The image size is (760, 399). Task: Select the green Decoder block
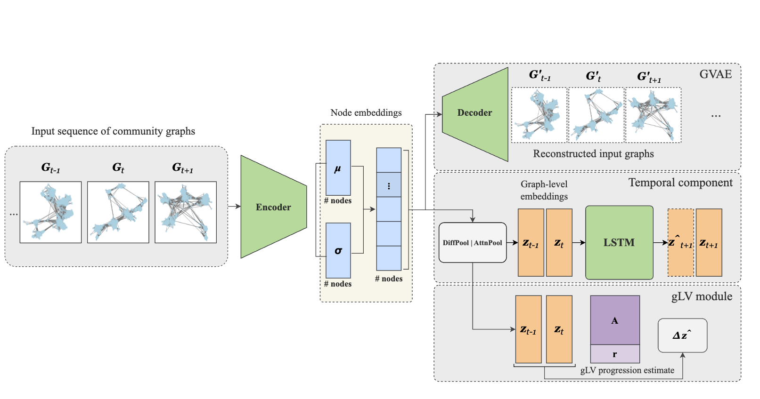[474, 113]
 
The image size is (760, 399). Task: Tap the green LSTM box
[619, 242]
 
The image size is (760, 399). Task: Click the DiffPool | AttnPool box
[472, 243]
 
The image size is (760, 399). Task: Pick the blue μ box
[338, 168]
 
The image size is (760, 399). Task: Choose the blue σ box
[338, 250]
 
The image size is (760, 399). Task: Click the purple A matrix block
[615, 320]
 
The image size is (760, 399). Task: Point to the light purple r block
[615, 354]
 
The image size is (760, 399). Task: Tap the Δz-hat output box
[682, 335]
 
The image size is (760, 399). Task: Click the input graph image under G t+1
[186, 212]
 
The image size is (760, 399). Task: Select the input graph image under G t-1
[50, 212]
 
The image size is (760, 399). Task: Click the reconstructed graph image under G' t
[597, 115]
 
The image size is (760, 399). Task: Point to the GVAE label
[715, 74]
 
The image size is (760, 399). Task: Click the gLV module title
[702, 296]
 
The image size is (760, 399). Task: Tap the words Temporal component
[680, 183]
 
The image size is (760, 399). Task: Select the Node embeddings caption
[366, 113]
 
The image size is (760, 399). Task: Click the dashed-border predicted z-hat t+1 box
[680, 242]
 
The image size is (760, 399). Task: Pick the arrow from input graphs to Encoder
[234, 206]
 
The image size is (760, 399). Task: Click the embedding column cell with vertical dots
[389, 185]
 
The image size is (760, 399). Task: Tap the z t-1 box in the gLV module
[528, 329]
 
